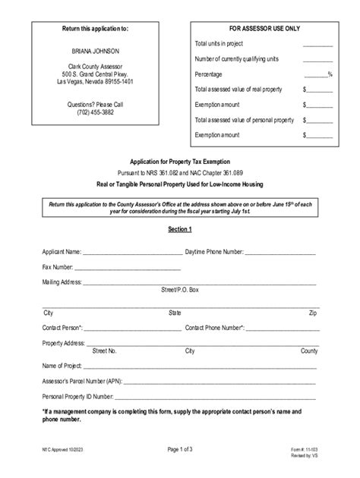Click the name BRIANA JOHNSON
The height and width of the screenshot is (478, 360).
point(95,51)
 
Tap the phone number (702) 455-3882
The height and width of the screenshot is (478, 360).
point(95,112)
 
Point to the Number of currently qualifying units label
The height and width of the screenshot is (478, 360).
point(235,59)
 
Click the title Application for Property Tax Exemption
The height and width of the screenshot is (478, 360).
point(180,162)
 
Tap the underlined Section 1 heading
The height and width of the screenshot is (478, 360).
point(180,229)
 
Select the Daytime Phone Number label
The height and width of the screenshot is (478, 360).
point(214,251)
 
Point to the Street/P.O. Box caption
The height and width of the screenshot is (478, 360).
point(180,291)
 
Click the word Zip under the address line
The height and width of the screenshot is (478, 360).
point(313,313)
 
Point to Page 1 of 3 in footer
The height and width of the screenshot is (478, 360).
point(180,449)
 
